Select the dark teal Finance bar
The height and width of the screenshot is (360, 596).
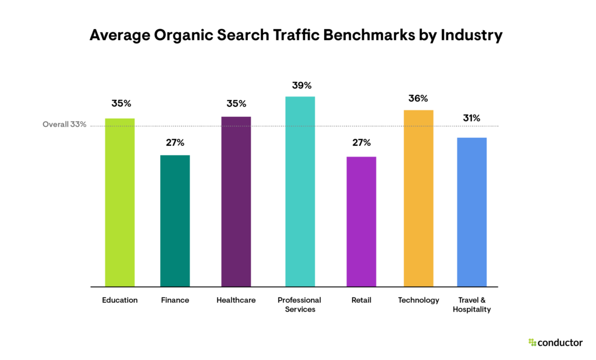(x=175, y=221)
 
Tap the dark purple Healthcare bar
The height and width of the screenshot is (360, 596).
(x=236, y=202)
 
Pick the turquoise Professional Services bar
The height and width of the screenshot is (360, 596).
(x=300, y=191)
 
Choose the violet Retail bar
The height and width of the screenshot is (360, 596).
(x=361, y=222)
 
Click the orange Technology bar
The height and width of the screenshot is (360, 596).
(x=418, y=198)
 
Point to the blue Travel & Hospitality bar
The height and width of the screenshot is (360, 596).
(x=471, y=212)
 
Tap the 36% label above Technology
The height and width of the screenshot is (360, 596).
(x=418, y=98)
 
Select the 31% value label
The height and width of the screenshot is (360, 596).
(x=471, y=118)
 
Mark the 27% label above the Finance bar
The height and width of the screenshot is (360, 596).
(x=175, y=142)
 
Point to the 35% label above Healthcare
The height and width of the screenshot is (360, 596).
(x=236, y=104)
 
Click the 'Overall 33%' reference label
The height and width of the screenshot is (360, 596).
(x=65, y=124)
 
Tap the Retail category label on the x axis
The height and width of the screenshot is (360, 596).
(x=361, y=300)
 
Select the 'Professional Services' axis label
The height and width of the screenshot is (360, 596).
(x=300, y=305)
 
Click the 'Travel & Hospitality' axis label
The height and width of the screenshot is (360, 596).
(x=471, y=305)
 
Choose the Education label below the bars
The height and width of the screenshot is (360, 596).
(x=119, y=300)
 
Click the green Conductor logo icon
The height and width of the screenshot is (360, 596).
(x=532, y=343)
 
